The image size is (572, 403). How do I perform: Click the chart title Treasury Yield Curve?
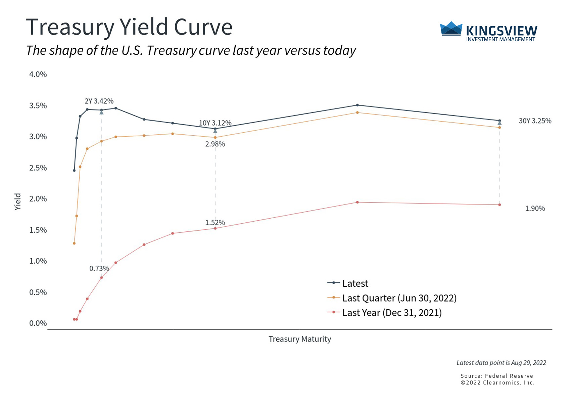pyautogui.click(x=129, y=27)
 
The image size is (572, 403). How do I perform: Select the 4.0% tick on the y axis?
pyautogui.click(x=38, y=74)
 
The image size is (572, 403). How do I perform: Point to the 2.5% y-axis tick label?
pyautogui.click(x=38, y=168)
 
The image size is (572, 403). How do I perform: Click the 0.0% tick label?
pyautogui.click(x=38, y=323)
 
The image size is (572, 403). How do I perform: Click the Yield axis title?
pyautogui.click(x=18, y=201)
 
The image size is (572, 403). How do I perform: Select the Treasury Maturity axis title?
pyautogui.click(x=299, y=339)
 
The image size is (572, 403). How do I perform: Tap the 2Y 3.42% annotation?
pyautogui.click(x=99, y=101)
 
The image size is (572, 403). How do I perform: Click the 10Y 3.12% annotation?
pyautogui.click(x=215, y=123)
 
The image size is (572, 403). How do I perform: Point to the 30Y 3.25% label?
pyautogui.click(x=535, y=121)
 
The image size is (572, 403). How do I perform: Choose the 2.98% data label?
pyautogui.click(x=215, y=144)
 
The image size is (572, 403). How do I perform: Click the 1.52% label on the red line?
pyautogui.click(x=215, y=223)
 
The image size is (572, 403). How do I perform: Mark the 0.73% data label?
pyautogui.click(x=99, y=269)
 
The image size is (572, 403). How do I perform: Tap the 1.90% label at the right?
pyautogui.click(x=535, y=209)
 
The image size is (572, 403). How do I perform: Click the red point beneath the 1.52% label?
pyautogui.click(x=215, y=228)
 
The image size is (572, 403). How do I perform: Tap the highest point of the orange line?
pyautogui.click(x=357, y=113)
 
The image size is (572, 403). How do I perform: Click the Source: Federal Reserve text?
pyautogui.click(x=496, y=376)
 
